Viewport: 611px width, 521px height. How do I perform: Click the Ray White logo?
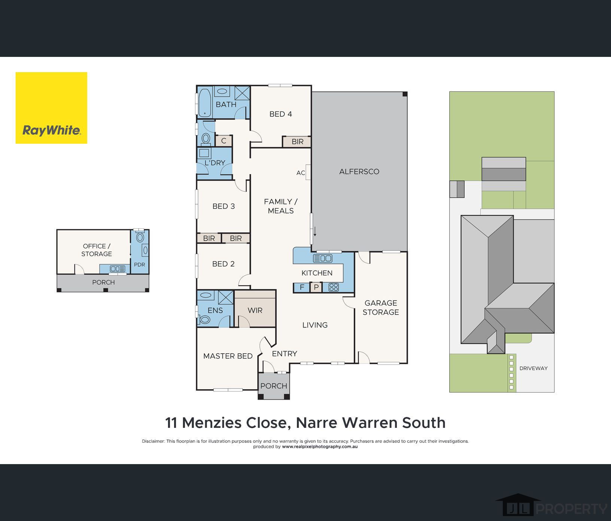pos(51,108)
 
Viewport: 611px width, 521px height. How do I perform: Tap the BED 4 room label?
pos(281,114)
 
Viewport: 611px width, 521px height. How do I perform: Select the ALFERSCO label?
pos(359,172)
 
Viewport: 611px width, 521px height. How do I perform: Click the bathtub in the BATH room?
pos(204,102)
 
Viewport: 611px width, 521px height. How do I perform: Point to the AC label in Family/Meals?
pos(301,173)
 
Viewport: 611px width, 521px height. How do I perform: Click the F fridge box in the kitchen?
pos(302,287)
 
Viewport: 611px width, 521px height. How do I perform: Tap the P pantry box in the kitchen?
pos(316,287)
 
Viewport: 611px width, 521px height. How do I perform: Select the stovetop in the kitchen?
pos(333,287)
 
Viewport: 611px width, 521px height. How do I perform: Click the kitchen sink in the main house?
pos(322,258)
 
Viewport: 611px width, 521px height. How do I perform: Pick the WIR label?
pos(255,311)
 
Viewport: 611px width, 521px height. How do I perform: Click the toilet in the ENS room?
pos(204,320)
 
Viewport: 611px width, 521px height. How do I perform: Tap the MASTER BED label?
pos(228,356)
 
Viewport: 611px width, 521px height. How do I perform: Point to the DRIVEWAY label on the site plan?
pos(534,368)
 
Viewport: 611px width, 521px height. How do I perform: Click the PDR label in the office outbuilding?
pos(139,265)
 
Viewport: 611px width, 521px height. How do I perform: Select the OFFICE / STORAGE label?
pos(97,250)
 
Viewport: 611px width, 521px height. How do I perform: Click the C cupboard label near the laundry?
pos(224,141)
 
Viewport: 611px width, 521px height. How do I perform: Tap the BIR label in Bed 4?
pos(298,142)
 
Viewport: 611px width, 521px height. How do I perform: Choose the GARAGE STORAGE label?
pos(381,308)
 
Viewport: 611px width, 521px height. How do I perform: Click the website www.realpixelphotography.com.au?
pos(320,447)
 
